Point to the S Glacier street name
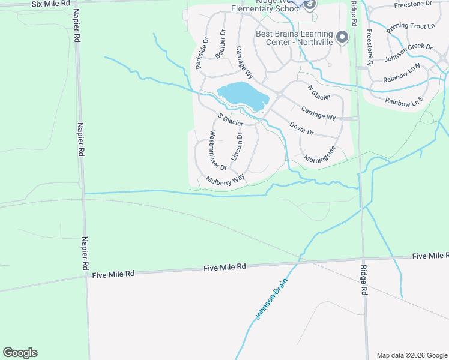coord(230,119)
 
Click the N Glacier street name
coord(319,92)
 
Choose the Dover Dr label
coord(301,128)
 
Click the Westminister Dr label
coord(217,150)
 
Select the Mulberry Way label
coord(225,179)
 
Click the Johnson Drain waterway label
coord(268,300)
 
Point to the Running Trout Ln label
coord(410,26)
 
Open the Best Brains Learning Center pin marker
coord(342,37)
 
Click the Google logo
coord(20,353)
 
